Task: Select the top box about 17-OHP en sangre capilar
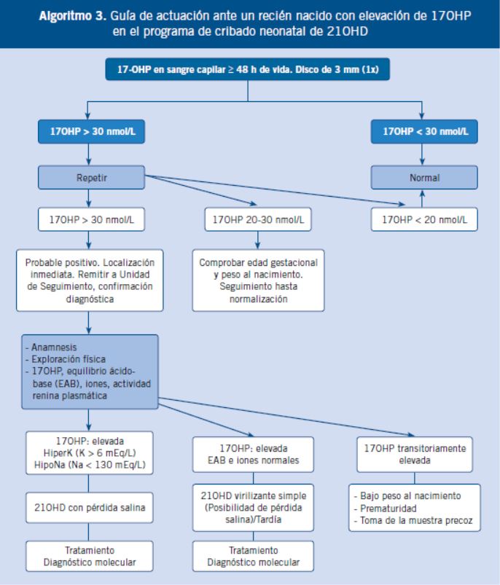coord(248,69)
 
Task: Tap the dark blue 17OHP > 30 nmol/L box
coord(91,131)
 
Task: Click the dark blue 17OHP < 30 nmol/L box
coord(424,131)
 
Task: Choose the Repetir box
coord(91,178)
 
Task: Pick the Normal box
coord(424,178)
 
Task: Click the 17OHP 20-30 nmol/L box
coord(258,219)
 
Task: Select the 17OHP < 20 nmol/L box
coord(424,219)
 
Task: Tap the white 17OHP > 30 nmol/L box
coord(91,219)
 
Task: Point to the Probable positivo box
coord(90,280)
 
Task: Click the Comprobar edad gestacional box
coord(258,280)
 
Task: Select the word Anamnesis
coord(54,348)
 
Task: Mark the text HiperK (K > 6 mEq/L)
coord(90,453)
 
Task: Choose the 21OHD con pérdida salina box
coord(90,507)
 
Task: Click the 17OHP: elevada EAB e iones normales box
coord(254,455)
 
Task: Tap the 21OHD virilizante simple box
coord(254,507)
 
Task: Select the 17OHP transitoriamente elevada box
coord(415,455)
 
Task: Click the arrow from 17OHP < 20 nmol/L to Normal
coord(422,198)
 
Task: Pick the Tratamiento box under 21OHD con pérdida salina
coord(90,557)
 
